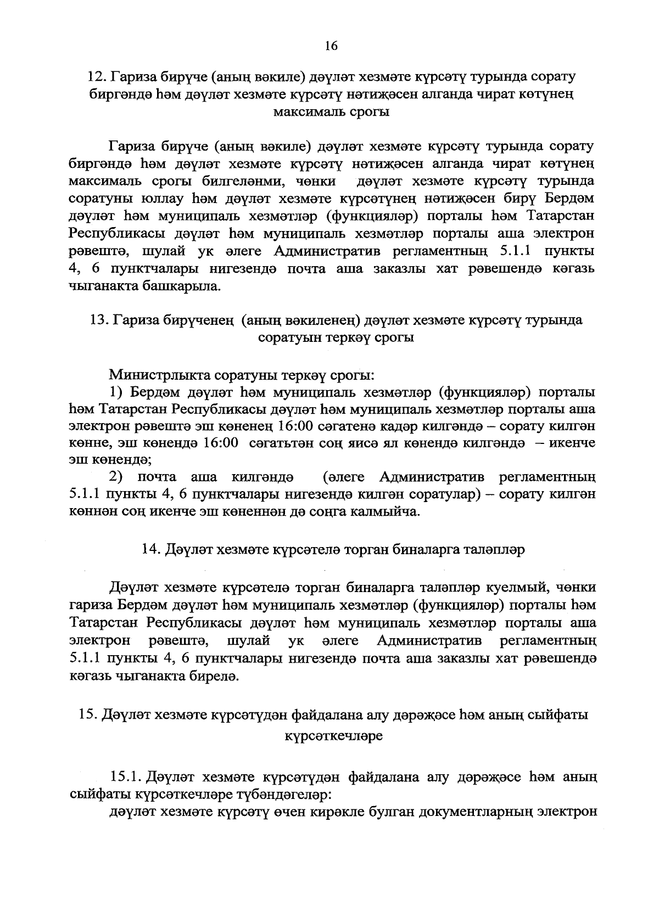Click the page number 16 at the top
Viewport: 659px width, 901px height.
pyautogui.click(x=331, y=46)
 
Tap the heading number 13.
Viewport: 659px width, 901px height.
pyautogui.click(x=97, y=320)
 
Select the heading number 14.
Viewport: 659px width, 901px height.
pyautogui.click(x=150, y=549)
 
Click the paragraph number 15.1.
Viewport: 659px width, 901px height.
pyautogui.click(x=126, y=777)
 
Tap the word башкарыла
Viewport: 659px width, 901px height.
pyautogui.click(x=181, y=286)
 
